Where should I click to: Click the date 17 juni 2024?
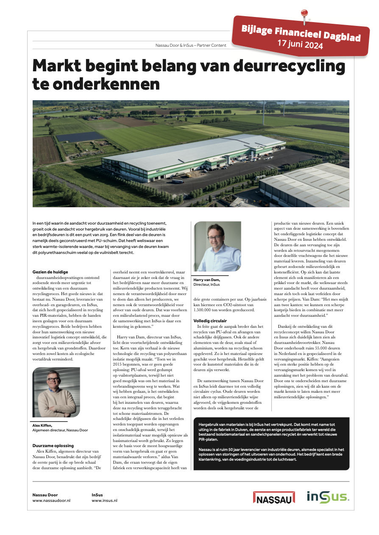click(300, 43)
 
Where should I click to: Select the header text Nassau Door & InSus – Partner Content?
click(191, 45)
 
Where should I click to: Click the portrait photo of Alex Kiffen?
click(56, 393)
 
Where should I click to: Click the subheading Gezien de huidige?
click(50, 272)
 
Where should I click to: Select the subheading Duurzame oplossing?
click(53, 445)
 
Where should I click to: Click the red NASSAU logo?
click(274, 497)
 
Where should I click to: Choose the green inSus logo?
click(328, 497)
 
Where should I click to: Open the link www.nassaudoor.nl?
click(51, 501)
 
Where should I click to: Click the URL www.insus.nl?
click(104, 501)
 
